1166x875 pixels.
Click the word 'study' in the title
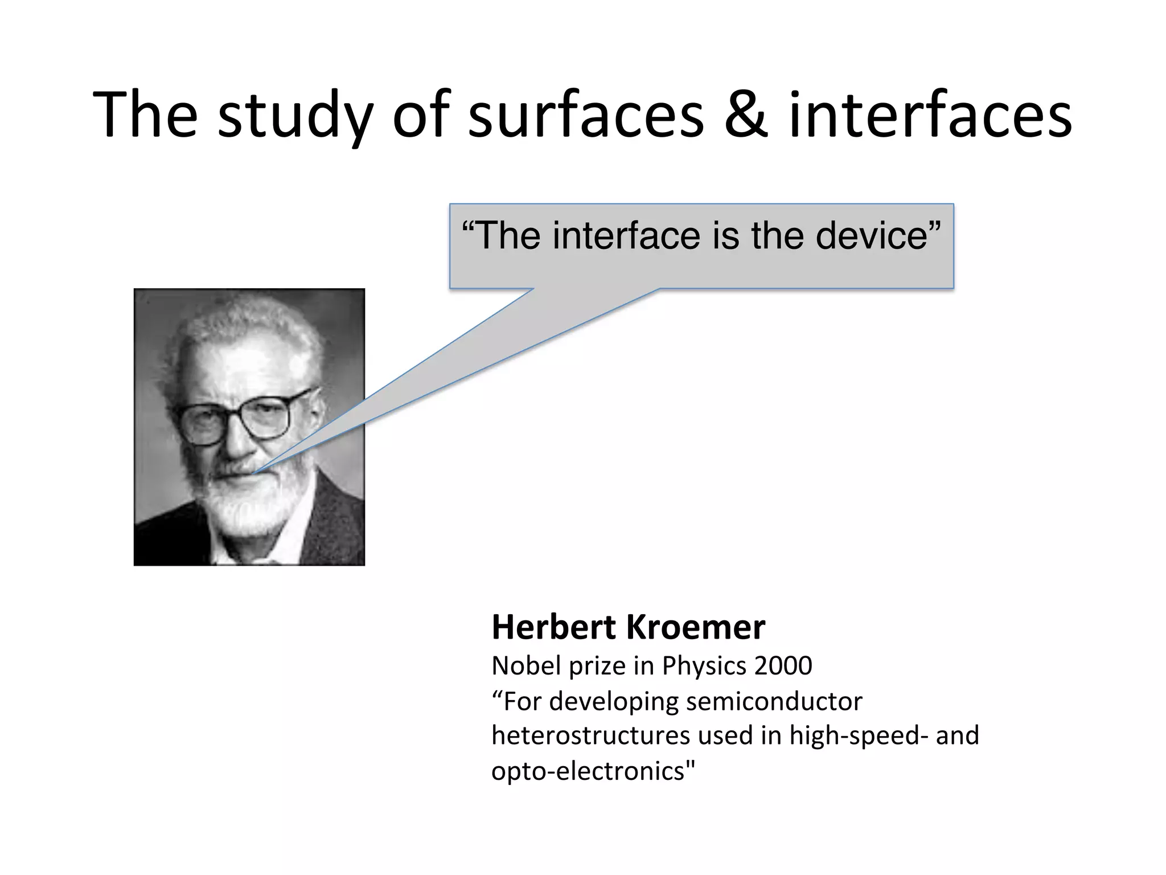[295, 117]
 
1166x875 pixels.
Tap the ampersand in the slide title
[746, 116]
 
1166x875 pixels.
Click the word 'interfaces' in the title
[930, 116]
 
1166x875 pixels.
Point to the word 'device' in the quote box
[877, 235]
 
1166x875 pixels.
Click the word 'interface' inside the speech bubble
[626, 235]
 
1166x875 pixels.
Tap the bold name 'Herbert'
[554, 628]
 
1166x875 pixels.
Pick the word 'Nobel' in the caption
[527, 665]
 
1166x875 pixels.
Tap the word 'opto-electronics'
[592, 771]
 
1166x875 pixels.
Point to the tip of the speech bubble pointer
[254, 472]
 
